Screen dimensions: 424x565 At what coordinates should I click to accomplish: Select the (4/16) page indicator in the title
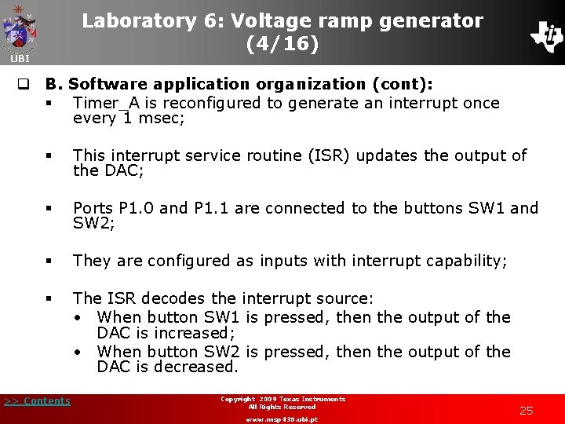[282, 45]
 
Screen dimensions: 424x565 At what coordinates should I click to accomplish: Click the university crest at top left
[20, 27]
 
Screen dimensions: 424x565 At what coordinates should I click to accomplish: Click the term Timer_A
[105, 103]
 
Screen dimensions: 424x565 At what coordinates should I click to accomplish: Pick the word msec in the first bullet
[164, 119]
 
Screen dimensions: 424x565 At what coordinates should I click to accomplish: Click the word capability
[465, 261]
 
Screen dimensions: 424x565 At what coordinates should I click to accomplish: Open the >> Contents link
[37, 401]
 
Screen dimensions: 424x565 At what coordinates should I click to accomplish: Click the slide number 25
[526, 411]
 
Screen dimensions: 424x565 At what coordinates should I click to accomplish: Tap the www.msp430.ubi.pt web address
[282, 419]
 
